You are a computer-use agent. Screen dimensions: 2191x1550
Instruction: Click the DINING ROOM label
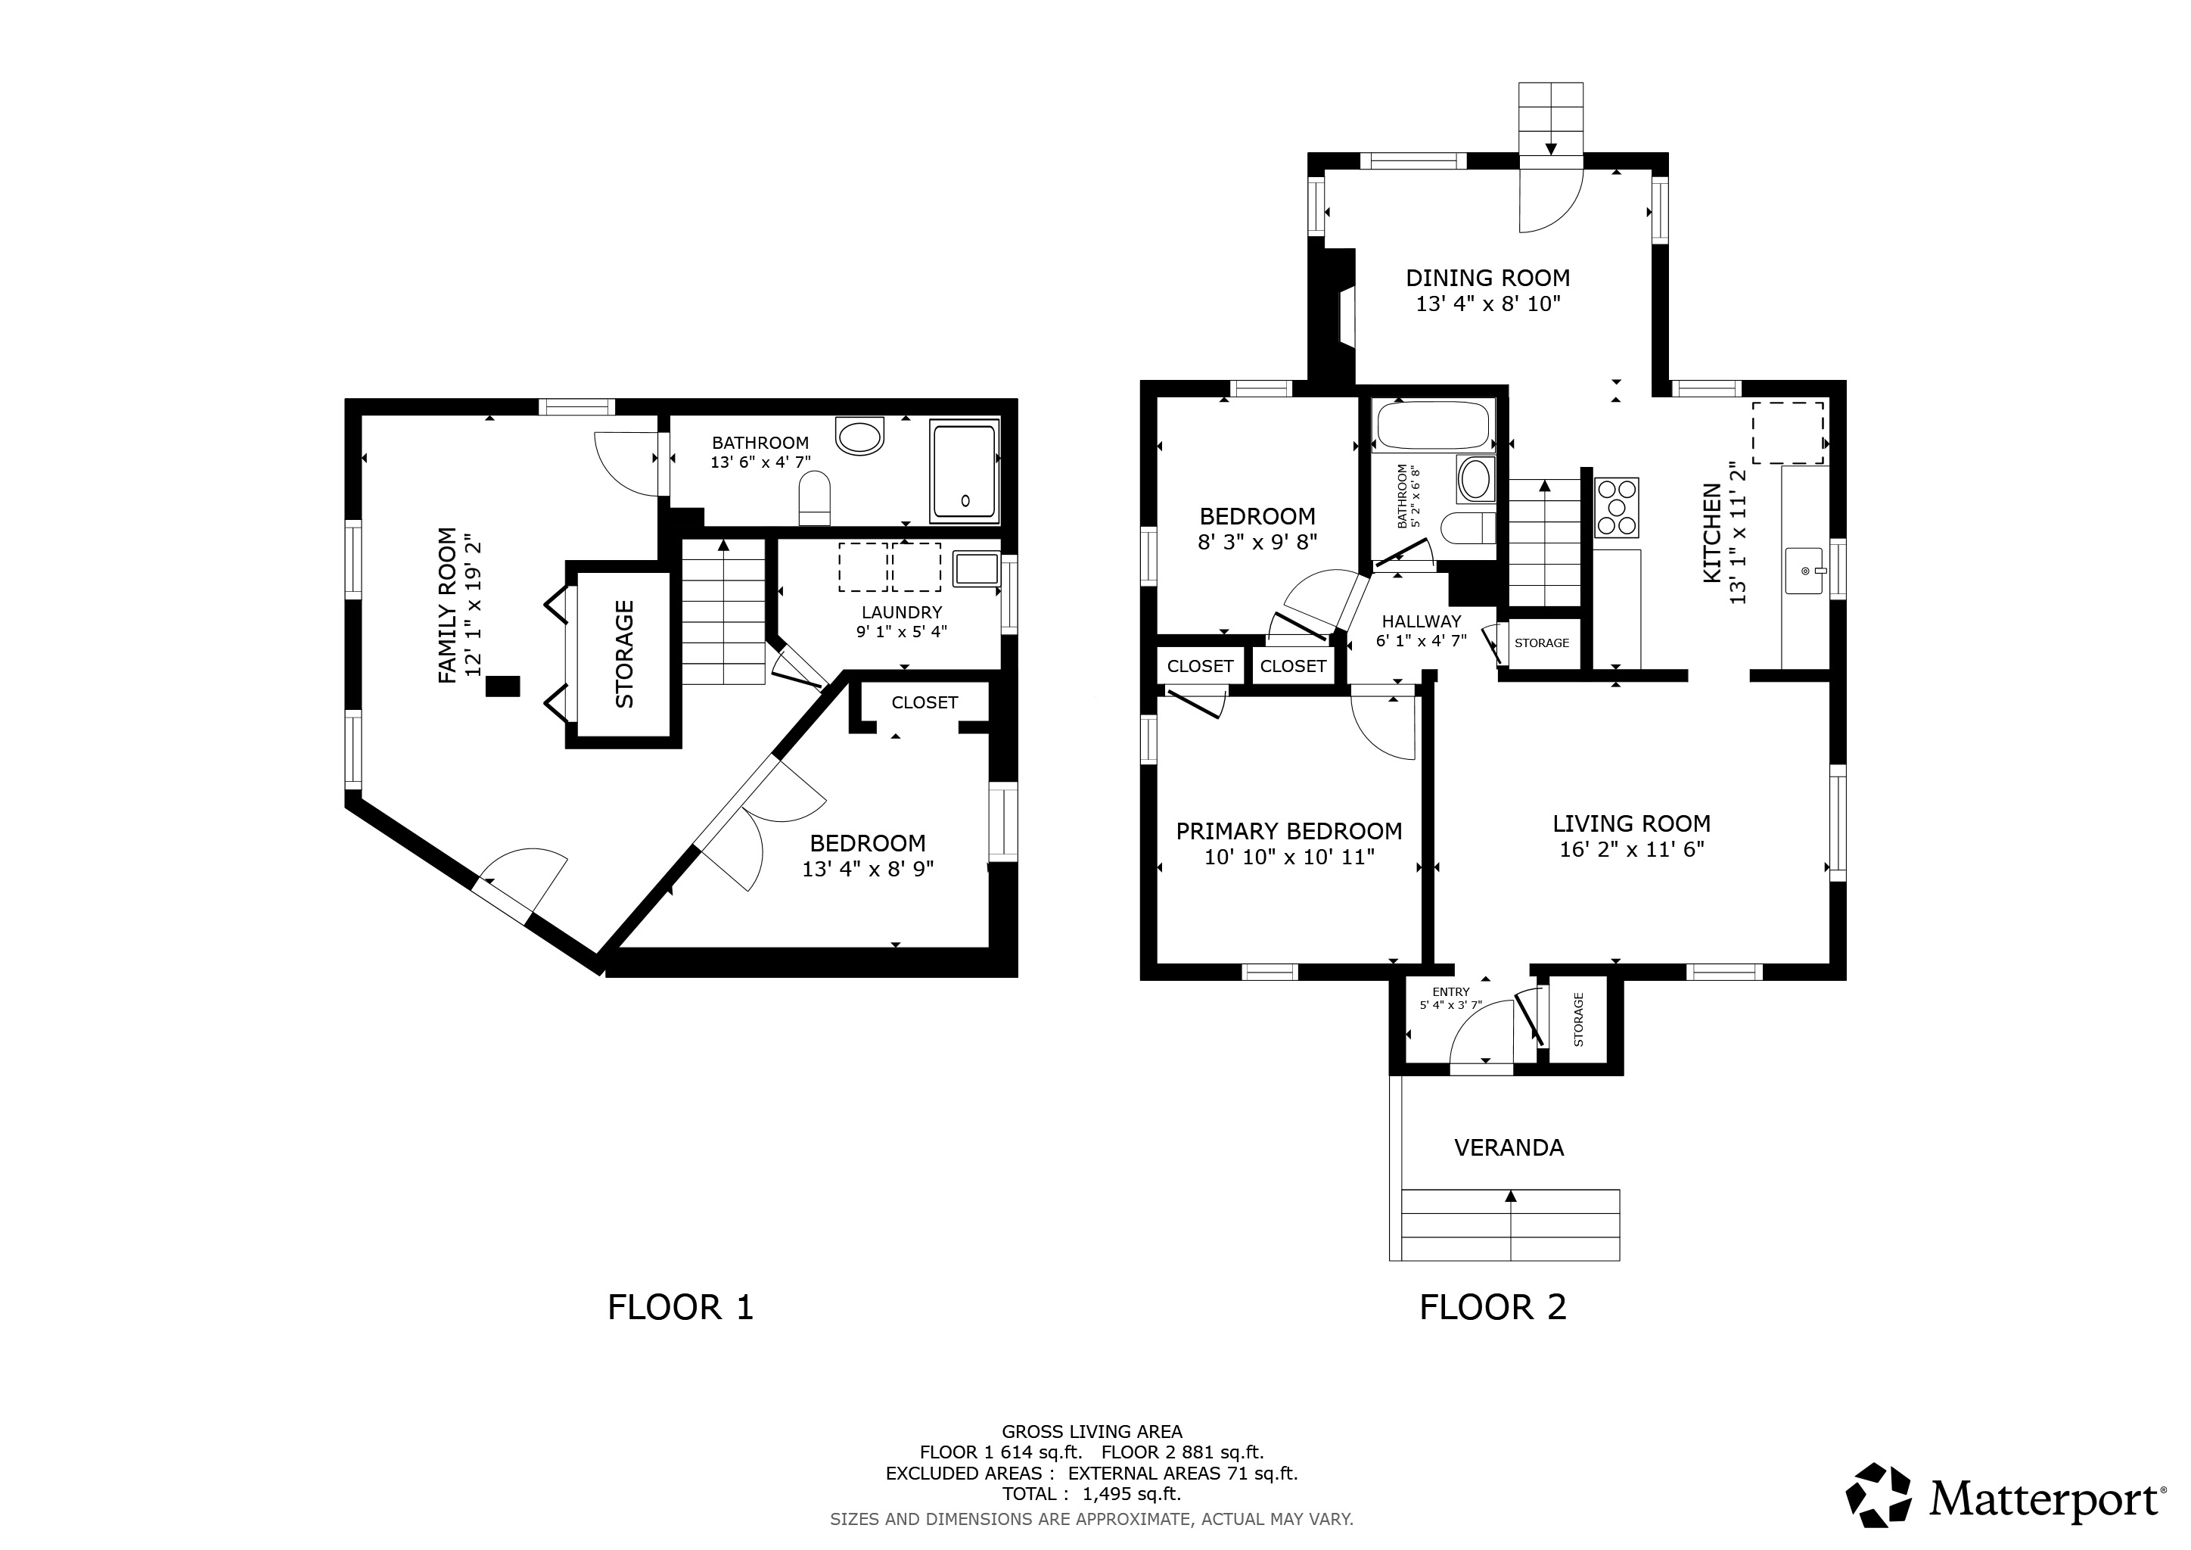[x=1487, y=278]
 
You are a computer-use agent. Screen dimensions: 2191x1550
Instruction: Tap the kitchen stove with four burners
[x=1615, y=507]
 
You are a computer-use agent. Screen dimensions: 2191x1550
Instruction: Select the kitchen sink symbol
[x=1804, y=571]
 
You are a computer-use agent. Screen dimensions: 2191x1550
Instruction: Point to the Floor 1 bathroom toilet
[x=814, y=501]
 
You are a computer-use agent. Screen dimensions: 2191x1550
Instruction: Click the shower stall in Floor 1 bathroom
[x=965, y=472]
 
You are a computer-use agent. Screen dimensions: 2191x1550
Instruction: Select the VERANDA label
[x=1509, y=1147]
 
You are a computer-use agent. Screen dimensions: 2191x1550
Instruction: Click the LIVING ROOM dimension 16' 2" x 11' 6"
[x=1632, y=849]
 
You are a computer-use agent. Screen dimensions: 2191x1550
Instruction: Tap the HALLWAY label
[x=1421, y=621]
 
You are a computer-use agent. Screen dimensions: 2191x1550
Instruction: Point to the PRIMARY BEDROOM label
[x=1288, y=831]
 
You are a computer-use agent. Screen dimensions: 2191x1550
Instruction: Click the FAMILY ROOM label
[x=446, y=605]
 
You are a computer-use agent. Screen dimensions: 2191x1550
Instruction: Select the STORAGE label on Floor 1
[x=624, y=654]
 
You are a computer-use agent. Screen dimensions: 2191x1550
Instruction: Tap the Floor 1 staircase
[x=723, y=611]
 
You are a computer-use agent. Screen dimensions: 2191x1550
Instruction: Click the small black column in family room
[x=503, y=686]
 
